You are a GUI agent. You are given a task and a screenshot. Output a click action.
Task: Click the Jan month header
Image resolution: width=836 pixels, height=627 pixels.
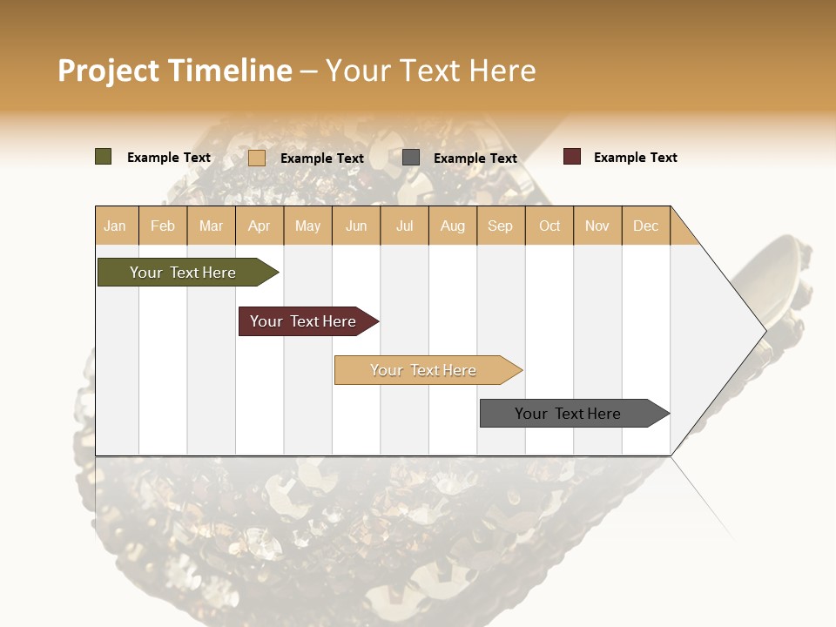(x=116, y=226)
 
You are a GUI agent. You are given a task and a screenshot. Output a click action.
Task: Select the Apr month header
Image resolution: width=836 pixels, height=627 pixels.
(x=260, y=226)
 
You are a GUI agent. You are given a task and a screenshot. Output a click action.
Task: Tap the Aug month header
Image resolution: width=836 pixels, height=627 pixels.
(x=453, y=226)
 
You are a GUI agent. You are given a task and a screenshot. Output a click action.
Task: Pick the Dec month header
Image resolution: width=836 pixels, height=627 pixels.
(x=646, y=226)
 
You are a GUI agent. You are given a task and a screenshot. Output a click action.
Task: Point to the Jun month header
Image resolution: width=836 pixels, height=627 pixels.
(x=356, y=226)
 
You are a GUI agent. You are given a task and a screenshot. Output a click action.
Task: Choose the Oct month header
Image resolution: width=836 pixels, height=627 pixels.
(x=549, y=226)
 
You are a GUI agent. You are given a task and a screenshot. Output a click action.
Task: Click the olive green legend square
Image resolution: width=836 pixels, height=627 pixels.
(x=104, y=157)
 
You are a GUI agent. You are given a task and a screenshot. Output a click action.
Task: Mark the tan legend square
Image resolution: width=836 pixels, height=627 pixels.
(x=257, y=158)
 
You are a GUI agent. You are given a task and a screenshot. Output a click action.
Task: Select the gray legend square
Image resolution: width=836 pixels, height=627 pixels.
(x=411, y=158)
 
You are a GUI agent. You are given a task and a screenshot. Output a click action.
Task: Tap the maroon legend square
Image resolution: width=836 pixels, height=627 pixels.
(x=572, y=157)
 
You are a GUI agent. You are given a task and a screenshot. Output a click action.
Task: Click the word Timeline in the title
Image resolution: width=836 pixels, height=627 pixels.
(x=230, y=71)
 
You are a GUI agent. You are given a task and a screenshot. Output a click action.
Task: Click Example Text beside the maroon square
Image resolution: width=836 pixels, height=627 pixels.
(x=635, y=158)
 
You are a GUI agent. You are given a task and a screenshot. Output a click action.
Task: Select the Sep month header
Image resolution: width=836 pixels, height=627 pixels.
(x=501, y=226)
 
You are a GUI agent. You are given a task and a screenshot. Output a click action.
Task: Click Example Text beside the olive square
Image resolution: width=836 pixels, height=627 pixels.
(x=169, y=158)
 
